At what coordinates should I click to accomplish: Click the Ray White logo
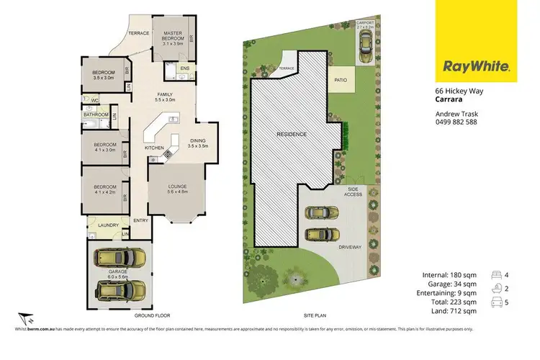point(477,68)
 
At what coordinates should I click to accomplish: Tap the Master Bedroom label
point(173,37)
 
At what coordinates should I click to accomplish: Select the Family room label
point(166,96)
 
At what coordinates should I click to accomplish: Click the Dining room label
point(197,143)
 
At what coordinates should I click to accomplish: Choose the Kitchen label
point(155,148)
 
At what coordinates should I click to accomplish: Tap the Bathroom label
point(96,114)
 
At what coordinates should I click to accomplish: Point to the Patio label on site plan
point(341,81)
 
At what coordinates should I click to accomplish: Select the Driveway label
point(350,247)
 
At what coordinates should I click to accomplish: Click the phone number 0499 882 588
point(456,122)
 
